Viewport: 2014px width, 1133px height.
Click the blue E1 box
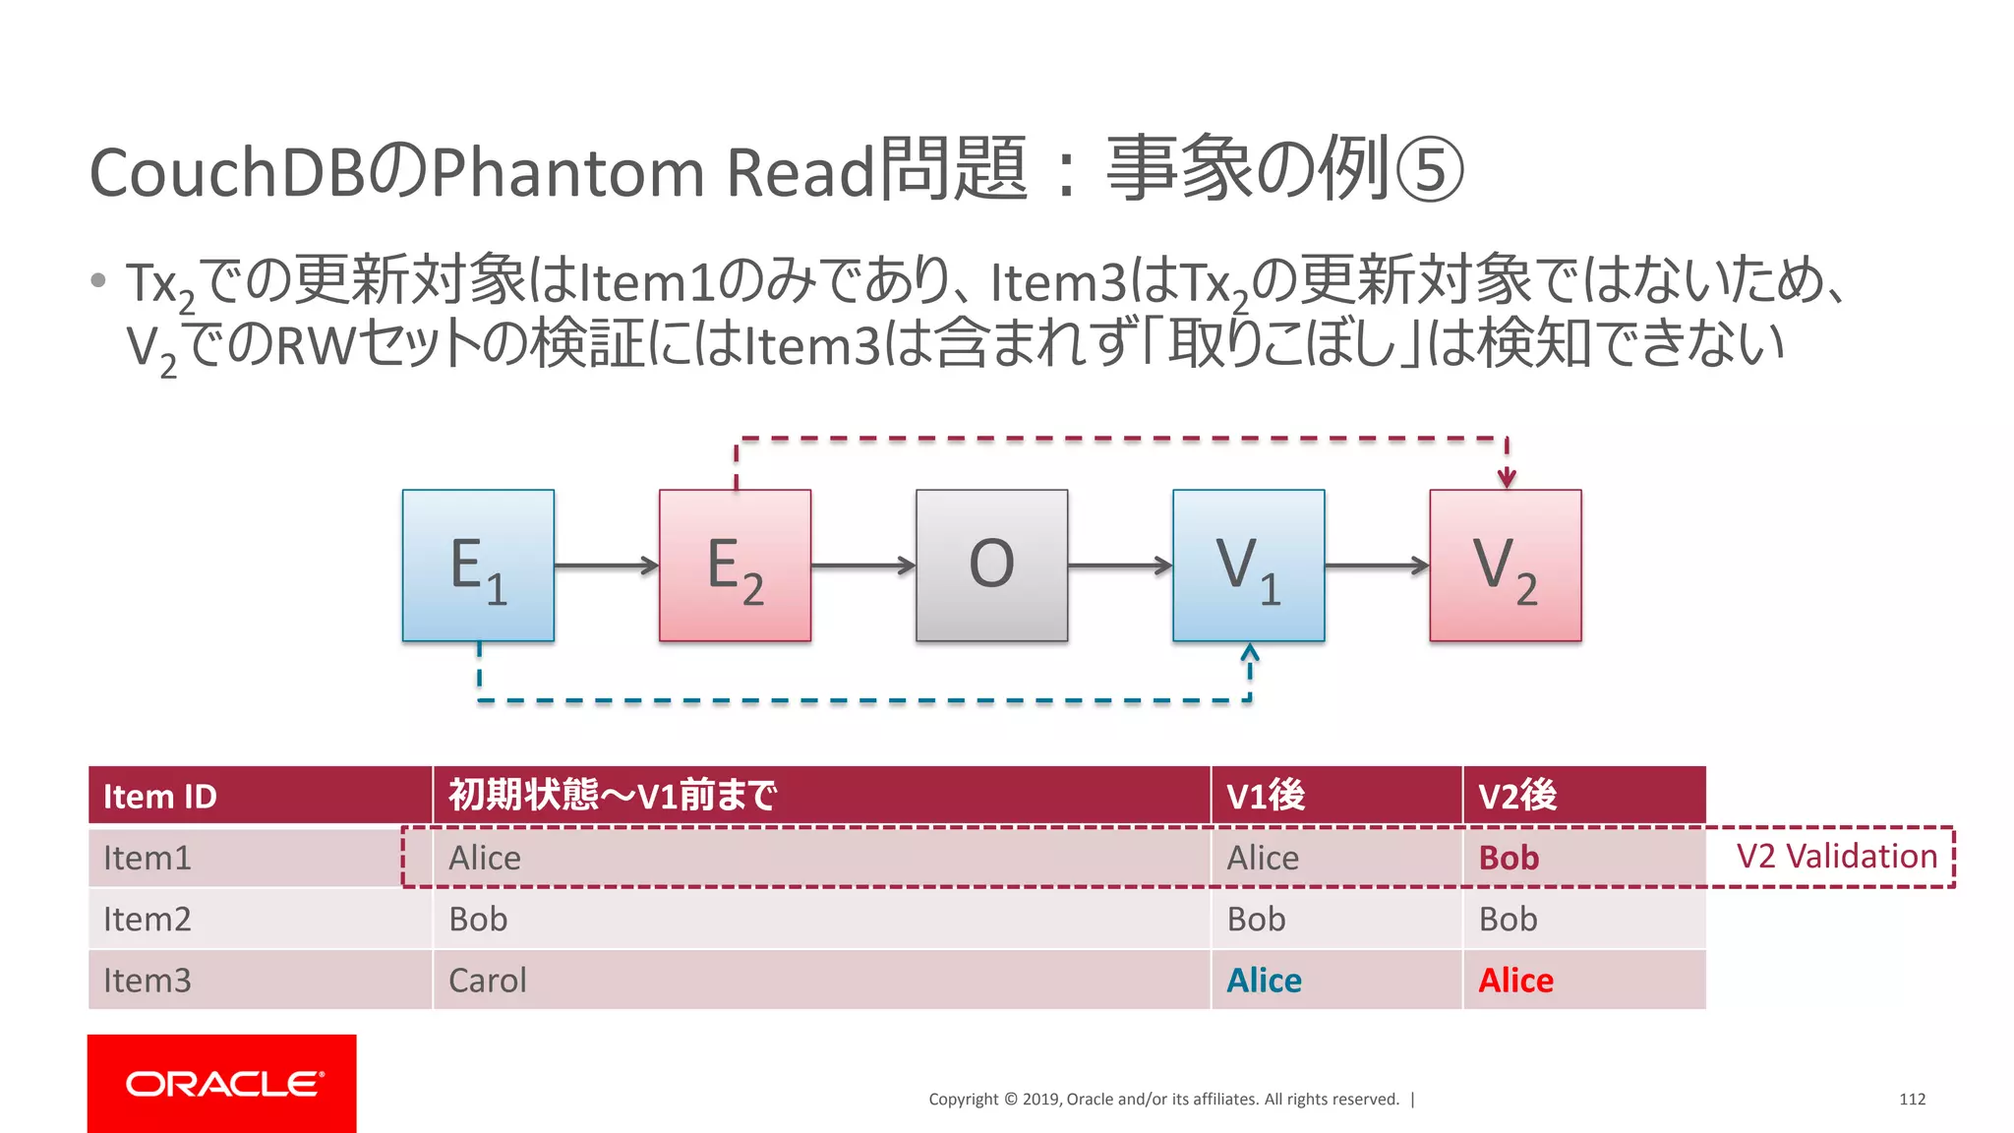pyautogui.click(x=478, y=566)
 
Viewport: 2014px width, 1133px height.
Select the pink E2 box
pyautogui.click(x=735, y=566)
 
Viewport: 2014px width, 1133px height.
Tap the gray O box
pyautogui.click(x=991, y=566)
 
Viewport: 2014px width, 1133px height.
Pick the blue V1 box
pyautogui.click(x=1248, y=566)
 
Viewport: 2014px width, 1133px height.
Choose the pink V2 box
pyautogui.click(x=1506, y=566)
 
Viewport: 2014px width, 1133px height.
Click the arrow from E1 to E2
pyautogui.click(x=606, y=566)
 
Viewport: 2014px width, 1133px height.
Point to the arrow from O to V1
pyautogui.click(x=1120, y=566)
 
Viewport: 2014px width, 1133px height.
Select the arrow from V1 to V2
pyautogui.click(x=1377, y=566)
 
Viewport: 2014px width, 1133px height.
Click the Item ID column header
pyautogui.click(x=160, y=796)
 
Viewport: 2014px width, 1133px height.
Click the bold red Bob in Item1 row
pyautogui.click(x=1509, y=858)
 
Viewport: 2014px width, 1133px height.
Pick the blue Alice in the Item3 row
pyautogui.click(x=1264, y=981)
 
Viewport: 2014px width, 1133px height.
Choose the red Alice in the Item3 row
pyautogui.click(x=1515, y=981)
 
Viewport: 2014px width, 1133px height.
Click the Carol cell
pyautogui.click(x=488, y=981)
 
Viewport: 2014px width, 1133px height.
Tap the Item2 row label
pyautogui.click(x=148, y=919)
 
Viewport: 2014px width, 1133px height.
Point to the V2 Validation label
pyautogui.click(x=1836, y=857)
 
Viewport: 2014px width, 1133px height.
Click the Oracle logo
pyautogui.click(x=222, y=1083)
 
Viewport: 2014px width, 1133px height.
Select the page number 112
pyautogui.click(x=1912, y=1099)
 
